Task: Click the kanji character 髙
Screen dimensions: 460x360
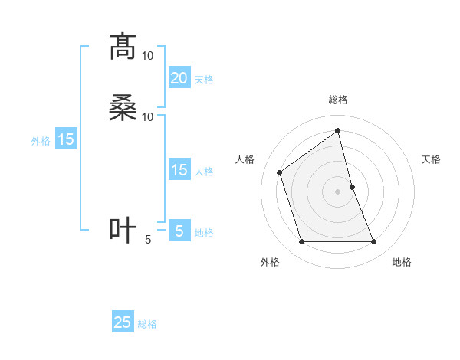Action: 123,47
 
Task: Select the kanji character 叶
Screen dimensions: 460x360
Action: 123,231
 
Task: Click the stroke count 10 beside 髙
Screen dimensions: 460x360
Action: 148,56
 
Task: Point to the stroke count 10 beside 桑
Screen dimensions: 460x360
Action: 148,116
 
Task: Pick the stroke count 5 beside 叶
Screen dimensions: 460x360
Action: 148,239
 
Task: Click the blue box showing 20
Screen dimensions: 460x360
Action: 179,78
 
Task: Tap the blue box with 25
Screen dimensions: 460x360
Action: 123,322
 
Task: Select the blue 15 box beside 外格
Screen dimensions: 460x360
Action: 66,139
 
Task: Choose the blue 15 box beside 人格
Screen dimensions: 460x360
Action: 179,170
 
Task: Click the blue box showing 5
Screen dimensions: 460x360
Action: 179,231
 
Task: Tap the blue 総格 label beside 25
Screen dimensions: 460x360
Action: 147,324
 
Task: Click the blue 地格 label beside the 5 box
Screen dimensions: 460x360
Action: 204,233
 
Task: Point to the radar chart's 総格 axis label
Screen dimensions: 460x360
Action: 338,100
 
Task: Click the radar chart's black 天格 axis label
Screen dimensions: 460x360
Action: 432,159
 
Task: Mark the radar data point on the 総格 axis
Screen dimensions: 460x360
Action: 338,130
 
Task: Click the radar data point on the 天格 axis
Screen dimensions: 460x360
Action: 353,187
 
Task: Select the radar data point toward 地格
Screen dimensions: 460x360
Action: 374,242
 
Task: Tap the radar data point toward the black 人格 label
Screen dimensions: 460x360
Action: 280,172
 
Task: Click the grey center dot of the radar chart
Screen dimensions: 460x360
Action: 338,191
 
